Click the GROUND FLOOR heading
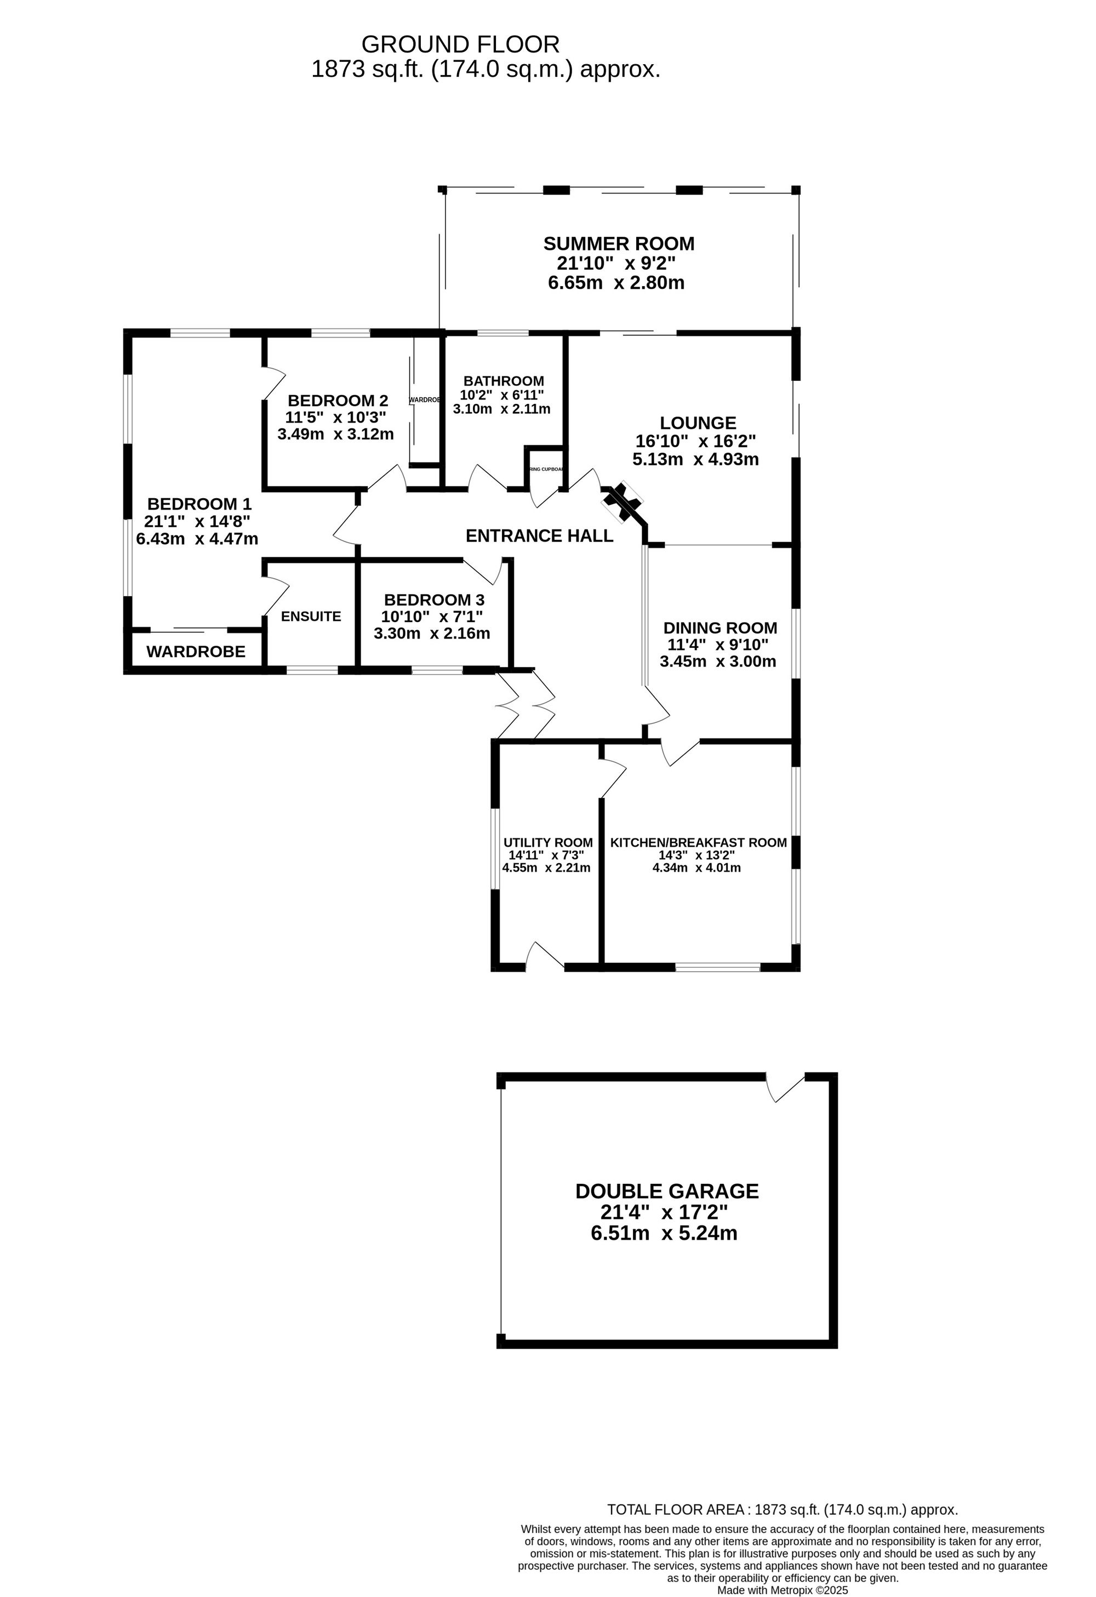coord(460,45)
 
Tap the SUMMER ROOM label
coord(619,244)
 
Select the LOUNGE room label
coord(698,423)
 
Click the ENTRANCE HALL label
coord(539,536)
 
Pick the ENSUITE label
coord(311,617)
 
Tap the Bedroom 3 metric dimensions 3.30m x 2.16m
coord(431,634)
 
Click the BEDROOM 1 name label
coord(199,504)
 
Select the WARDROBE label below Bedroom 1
coord(196,652)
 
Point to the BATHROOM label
coord(504,381)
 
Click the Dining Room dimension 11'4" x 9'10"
coord(718,644)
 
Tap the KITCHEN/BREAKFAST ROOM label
coord(698,842)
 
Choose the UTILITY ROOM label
coord(547,842)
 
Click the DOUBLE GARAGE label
coord(666,1191)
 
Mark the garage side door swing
coord(783,1087)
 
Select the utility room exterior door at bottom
coord(544,956)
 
